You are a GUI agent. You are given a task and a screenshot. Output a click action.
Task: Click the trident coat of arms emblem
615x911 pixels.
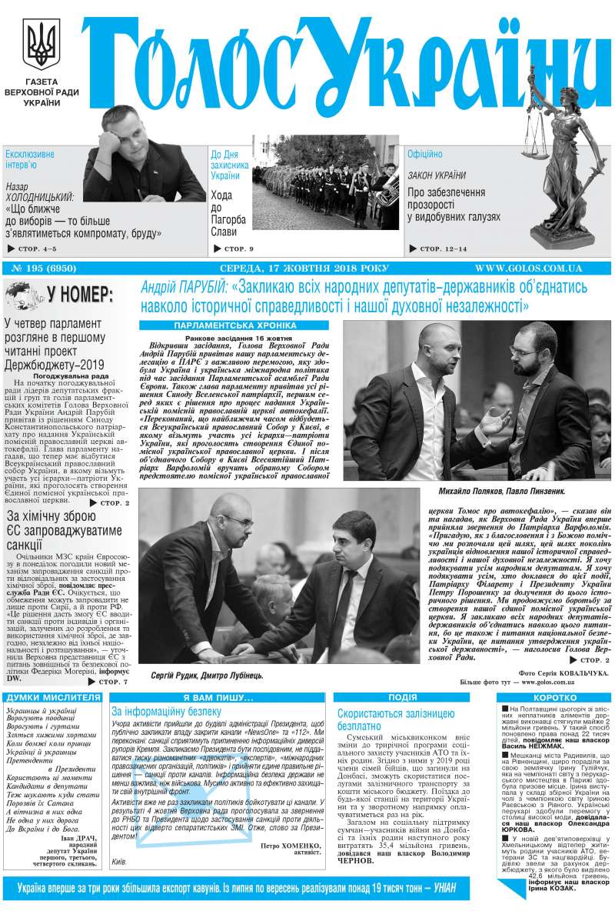(37, 46)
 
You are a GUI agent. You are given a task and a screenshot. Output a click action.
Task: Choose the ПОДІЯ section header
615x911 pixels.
(403, 696)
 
